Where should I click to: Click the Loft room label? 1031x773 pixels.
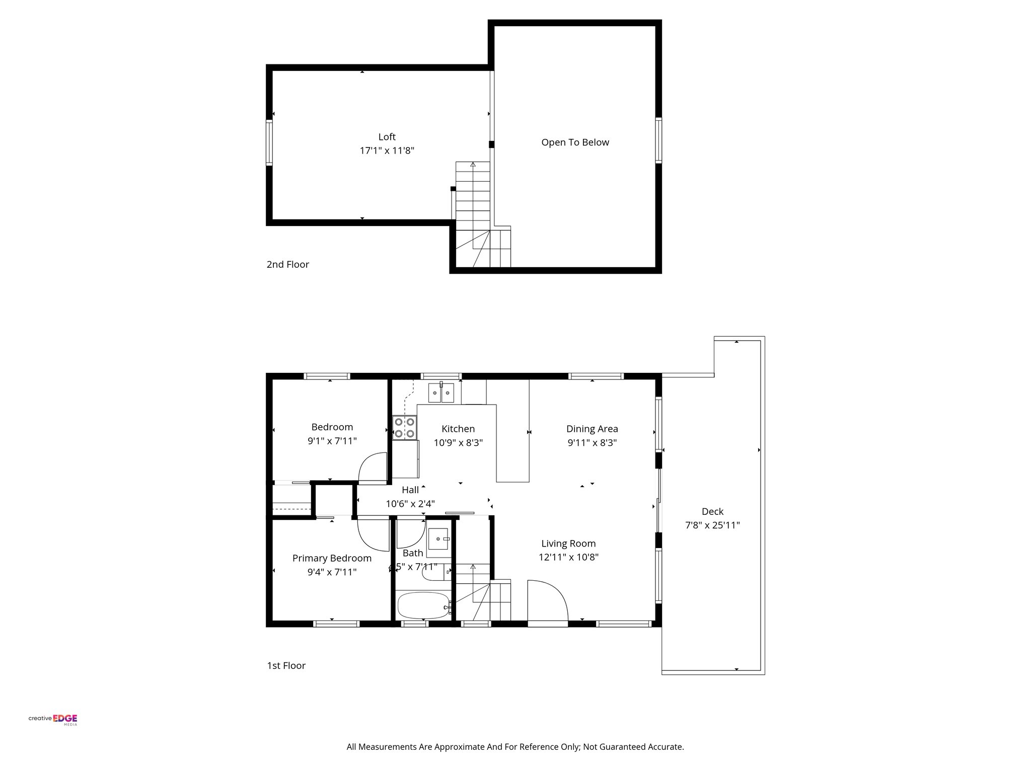[x=387, y=137]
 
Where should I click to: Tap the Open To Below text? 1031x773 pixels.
[x=575, y=142]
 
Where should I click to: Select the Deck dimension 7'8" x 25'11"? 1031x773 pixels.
[x=712, y=525]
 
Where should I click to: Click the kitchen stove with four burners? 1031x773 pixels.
[x=405, y=427]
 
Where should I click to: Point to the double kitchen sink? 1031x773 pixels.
[x=441, y=393]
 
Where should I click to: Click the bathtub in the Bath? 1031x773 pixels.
[x=423, y=605]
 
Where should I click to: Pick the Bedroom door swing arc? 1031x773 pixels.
[x=372, y=468]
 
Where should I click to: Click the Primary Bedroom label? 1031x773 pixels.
[x=332, y=558]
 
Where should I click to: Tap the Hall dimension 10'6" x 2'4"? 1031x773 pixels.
[x=410, y=504]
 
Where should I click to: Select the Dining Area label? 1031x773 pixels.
[x=592, y=429]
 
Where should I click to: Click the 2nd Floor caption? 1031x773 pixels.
[x=287, y=265]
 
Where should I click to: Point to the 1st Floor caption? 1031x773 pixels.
[x=286, y=666]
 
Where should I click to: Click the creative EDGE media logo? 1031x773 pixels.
[x=53, y=719]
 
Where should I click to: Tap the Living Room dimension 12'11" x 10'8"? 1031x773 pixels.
[x=568, y=557]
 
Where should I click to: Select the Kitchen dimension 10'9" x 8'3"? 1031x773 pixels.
[x=458, y=443]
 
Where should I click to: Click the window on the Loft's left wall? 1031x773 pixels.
[x=269, y=142]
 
